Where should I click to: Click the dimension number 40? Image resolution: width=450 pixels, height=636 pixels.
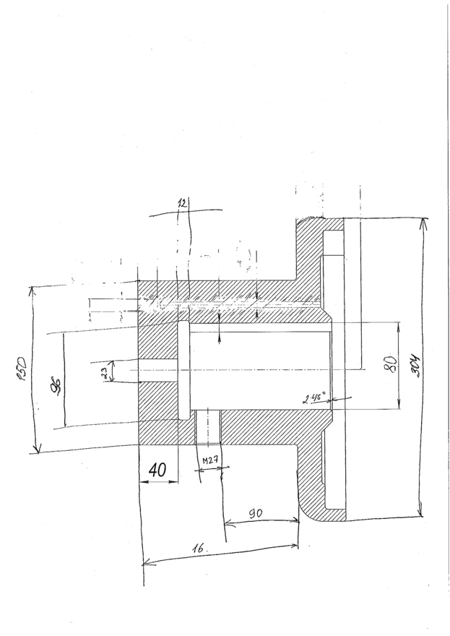tap(158, 470)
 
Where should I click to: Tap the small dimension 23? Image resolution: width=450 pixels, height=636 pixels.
tap(105, 372)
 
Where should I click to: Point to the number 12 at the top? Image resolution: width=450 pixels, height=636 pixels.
tap(181, 205)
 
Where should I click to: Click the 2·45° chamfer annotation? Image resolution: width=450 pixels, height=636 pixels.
tap(315, 397)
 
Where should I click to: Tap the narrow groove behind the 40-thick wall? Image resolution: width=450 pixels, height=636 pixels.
tap(182, 370)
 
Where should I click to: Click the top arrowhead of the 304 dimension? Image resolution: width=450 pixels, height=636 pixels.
tap(423, 220)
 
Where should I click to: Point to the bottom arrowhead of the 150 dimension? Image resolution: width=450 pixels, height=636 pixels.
tap(34, 451)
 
